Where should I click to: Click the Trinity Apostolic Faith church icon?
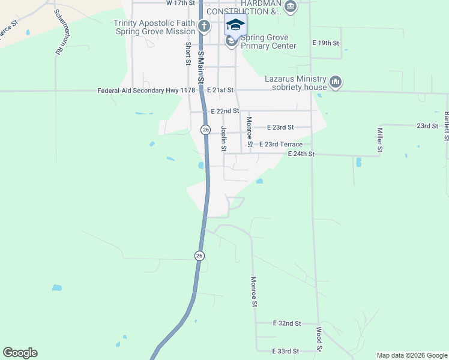point(204,26)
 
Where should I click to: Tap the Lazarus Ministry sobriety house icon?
point(335,82)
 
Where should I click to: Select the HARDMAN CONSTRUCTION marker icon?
point(291,7)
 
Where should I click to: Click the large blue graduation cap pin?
point(235,26)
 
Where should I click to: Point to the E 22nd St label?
point(225,111)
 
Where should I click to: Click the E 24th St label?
point(301,154)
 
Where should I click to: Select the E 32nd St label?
point(286,323)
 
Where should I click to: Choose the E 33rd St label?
point(286,351)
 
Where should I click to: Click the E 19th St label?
point(326,43)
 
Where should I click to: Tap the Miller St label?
point(380,139)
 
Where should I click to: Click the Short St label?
point(188,54)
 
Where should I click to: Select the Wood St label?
point(319,340)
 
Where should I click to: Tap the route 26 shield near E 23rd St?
point(205,130)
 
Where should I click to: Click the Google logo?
point(20,353)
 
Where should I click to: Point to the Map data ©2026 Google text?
point(412,355)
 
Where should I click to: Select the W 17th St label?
point(181,3)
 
